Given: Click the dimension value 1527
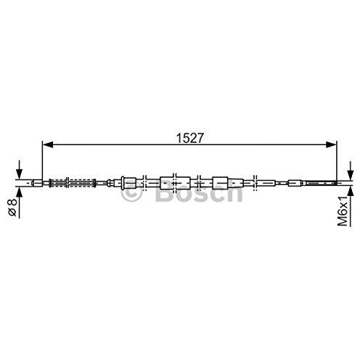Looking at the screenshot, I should tap(189, 136).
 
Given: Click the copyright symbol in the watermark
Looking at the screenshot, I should tap(132, 194).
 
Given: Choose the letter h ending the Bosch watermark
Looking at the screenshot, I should tap(233, 195).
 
